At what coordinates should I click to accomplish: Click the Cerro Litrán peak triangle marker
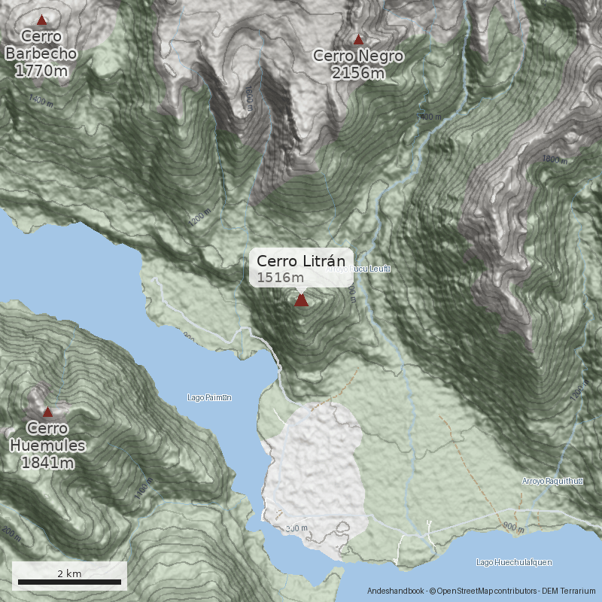coord(301,300)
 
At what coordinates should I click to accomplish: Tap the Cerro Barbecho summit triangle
coord(41,20)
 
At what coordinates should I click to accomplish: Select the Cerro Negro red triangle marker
coord(358,40)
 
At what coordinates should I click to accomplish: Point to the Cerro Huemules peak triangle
coord(47,412)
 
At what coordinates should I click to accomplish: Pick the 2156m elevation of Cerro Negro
coord(358,72)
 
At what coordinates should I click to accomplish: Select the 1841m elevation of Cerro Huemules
coord(47,462)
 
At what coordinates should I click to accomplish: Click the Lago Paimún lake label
coord(208,397)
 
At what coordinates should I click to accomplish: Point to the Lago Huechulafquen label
coord(515,562)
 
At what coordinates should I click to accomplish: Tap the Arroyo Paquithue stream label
coord(553,481)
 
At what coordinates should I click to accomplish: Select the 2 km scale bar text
coord(69,573)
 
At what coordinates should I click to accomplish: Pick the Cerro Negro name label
coord(358,56)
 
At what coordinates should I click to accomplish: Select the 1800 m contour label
coord(554,160)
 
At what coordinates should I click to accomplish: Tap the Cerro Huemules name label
coord(47,436)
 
